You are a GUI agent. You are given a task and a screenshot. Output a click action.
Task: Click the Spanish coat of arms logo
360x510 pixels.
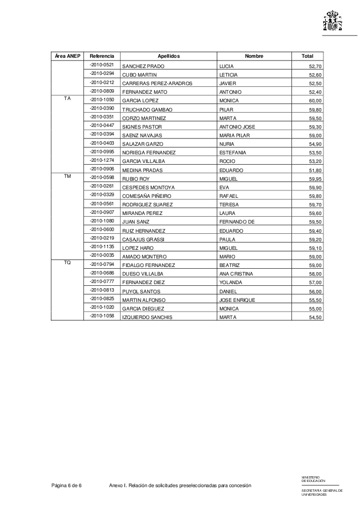[x=333, y=21]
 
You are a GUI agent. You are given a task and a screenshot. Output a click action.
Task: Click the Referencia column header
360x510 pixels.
[x=101, y=56]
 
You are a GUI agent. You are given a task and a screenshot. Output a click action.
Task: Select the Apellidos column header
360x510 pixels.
[x=169, y=56]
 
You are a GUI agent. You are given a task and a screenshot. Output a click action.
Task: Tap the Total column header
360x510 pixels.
[x=307, y=56]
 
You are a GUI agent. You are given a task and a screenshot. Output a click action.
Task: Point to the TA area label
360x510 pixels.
[x=67, y=98]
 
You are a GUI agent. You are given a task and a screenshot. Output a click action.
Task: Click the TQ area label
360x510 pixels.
[x=67, y=263]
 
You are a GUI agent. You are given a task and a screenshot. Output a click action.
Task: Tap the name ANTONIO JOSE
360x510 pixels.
[x=237, y=127]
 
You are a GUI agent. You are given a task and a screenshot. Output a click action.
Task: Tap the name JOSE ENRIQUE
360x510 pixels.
[x=237, y=300]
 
